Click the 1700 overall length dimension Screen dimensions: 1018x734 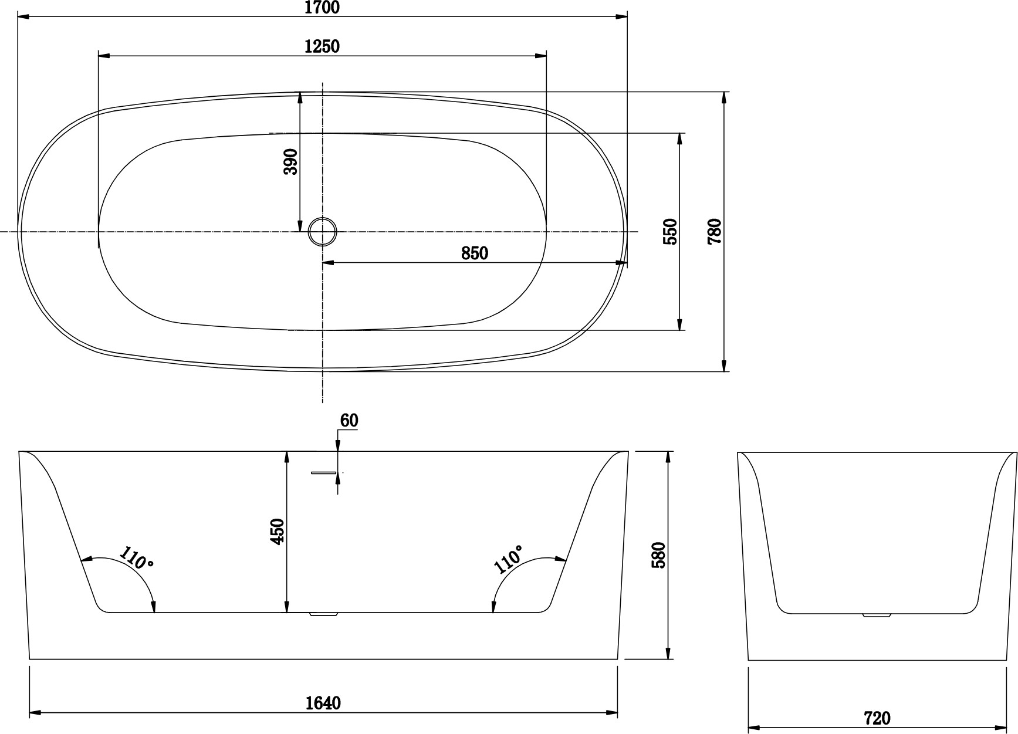click(322, 8)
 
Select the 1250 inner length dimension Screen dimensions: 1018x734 click(322, 46)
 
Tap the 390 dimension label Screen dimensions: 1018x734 click(291, 161)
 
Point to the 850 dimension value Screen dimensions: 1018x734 click(475, 253)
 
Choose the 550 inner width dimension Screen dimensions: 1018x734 click(670, 231)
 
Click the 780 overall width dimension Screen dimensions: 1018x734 click(715, 231)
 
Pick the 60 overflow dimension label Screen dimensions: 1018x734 click(349, 420)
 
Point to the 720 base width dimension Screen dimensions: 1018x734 click(877, 718)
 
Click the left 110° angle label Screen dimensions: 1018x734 click(137, 558)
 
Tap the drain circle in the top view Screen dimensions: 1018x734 click(323, 231)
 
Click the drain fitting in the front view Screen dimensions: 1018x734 click(323, 615)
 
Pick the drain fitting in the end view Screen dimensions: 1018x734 click(877, 615)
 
